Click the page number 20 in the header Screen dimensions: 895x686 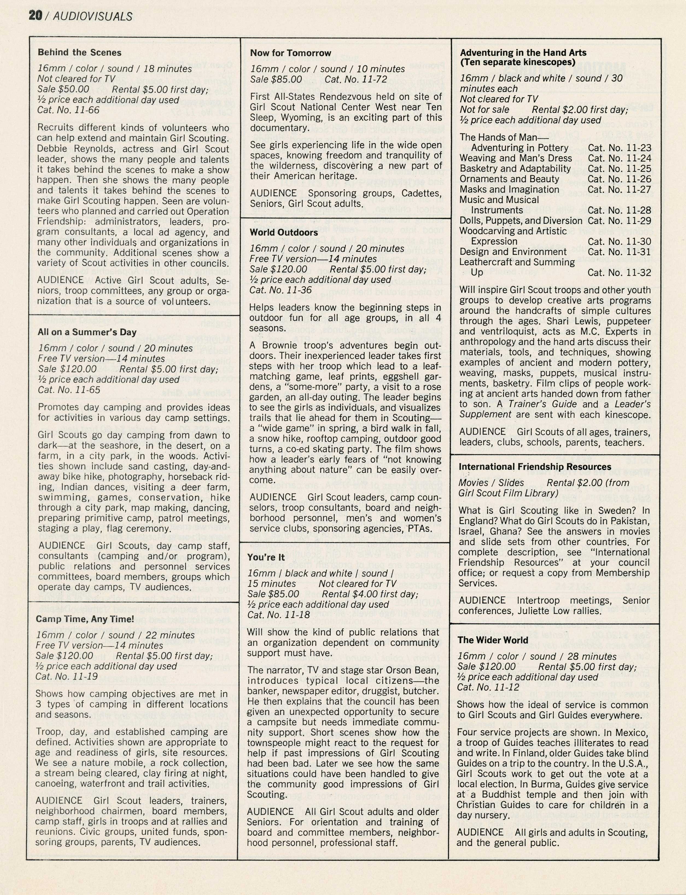click(x=35, y=16)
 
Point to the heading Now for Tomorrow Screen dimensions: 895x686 click(x=290, y=53)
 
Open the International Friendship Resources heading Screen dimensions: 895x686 click(x=535, y=467)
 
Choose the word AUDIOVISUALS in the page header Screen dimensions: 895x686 click(x=93, y=16)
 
